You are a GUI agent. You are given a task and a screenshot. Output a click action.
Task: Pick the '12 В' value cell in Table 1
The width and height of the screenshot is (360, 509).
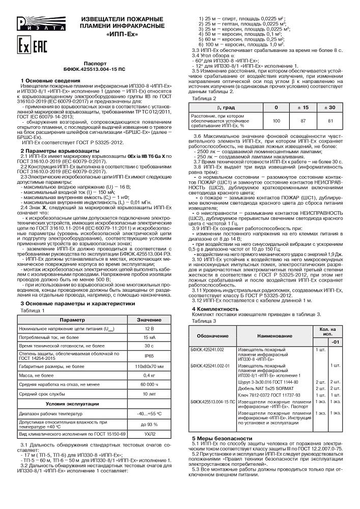[x=150, y=329]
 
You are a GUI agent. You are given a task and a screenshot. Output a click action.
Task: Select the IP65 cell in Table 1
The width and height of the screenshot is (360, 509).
[x=150, y=356]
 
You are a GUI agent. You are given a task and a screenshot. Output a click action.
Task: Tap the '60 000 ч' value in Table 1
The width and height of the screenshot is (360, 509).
[x=150, y=384]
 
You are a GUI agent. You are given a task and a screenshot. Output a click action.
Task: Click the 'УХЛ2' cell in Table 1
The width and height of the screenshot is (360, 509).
[x=150, y=435]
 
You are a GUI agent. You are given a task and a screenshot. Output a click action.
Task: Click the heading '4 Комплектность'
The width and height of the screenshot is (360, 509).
[x=215, y=309]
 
